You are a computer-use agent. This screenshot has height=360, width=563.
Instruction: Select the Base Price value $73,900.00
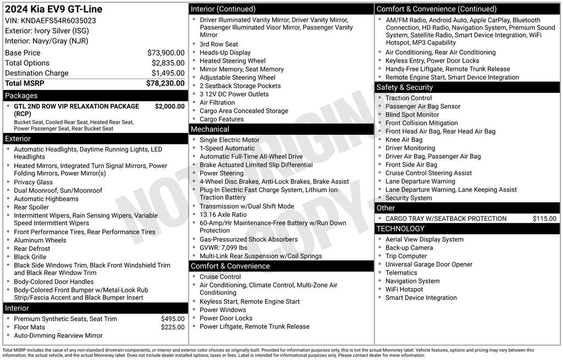click(165, 53)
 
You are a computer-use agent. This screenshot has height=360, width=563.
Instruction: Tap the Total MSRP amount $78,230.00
click(165, 83)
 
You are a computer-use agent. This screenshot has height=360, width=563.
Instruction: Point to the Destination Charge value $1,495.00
click(168, 73)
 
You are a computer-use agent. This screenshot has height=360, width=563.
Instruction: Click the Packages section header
click(21, 96)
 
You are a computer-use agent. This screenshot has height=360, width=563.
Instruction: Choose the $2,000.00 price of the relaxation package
click(169, 106)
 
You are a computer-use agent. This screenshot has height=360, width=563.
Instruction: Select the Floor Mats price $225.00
click(173, 327)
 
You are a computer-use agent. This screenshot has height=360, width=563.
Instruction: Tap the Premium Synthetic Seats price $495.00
click(173, 319)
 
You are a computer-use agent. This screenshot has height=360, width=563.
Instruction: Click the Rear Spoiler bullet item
click(31, 207)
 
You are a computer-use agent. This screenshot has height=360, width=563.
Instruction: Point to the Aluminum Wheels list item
click(40, 240)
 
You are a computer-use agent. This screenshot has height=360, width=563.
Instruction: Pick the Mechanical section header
click(210, 129)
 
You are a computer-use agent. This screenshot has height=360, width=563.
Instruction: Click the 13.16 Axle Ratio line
click(223, 214)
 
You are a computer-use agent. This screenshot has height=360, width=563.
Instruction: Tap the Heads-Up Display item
click(225, 53)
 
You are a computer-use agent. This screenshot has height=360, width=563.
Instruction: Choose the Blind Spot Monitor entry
click(412, 115)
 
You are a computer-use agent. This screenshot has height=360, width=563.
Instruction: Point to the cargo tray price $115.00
click(544, 219)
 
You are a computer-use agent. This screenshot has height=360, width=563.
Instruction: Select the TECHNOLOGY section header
click(400, 229)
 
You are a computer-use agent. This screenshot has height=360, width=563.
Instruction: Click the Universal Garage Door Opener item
click(428, 264)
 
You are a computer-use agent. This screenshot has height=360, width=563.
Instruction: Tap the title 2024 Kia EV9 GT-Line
click(53, 9)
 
